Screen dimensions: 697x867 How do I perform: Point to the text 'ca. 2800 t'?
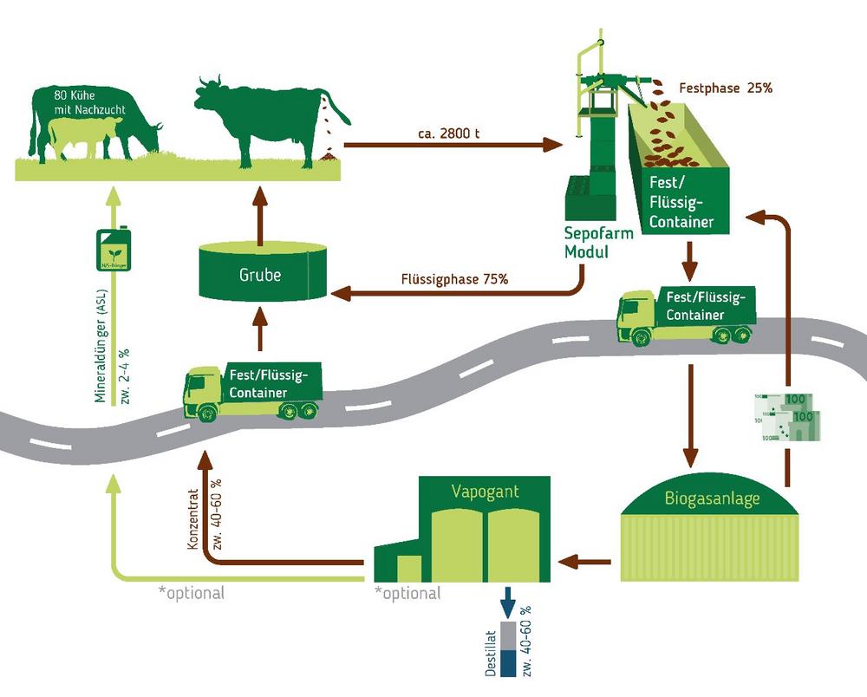pyautogui.click(x=445, y=133)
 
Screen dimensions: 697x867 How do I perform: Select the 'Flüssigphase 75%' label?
pyautogui.click(x=454, y=280)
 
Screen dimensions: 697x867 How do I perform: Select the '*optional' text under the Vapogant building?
pyautogui.click(x=407, y=594)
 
